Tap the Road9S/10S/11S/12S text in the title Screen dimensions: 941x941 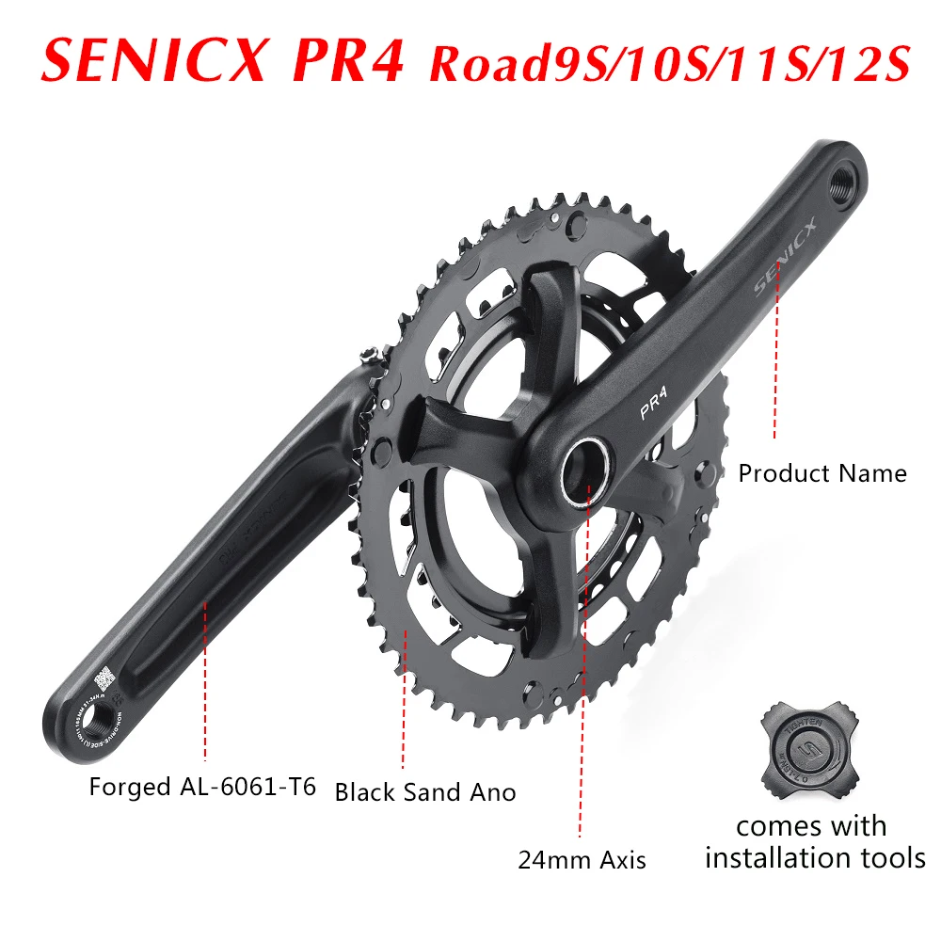(670, 62)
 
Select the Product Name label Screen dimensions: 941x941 (821, 472)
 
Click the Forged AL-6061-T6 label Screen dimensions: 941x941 (203, 787)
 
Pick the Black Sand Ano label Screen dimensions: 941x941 (425, 792)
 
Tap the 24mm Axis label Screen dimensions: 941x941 (582, 859)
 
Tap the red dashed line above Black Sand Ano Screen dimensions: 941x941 (405, 696)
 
